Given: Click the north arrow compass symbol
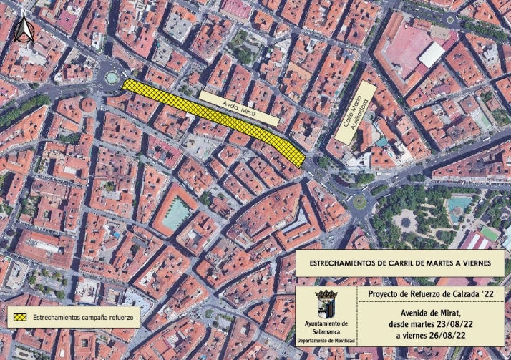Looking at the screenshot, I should pos(23,30).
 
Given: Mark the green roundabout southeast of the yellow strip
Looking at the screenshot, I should pos(359,201).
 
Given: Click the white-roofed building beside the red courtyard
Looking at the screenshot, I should pos(432,54).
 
